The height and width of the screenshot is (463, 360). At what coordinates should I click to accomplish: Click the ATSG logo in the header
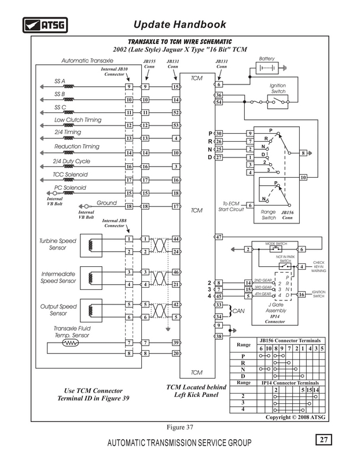pyautogui.click(x=45, y=25)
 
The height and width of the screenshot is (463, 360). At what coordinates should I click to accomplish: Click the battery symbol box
pyautogui.click(x=267, y=68)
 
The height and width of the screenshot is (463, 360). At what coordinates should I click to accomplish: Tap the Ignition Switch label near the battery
pyautogui.click(x=278, y=89)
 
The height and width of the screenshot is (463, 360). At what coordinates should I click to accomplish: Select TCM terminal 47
pyautogui.click(x=219, y=237)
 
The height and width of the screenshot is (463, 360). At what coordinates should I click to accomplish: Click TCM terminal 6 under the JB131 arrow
pyautogui.click(x=219, y=84)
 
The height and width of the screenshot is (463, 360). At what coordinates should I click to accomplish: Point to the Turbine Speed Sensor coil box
pyautogui.click(x=91, y=245)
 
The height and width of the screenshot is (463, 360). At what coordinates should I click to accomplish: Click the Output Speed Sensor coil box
pyautogui.click(x=91, y=311)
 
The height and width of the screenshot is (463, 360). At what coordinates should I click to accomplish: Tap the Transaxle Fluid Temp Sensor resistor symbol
pyautogui.click(x=71, y=343)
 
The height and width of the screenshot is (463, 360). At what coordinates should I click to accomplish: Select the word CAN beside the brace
pyautogui.click(x=238, y=311)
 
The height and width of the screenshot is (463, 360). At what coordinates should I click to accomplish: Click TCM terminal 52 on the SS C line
pyautogui.click(x=176, y=112)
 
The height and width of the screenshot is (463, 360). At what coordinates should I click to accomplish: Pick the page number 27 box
pyautogui.click(x=324, y=440)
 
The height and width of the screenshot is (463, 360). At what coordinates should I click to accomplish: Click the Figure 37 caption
pyautogui.click(x=180, y=427)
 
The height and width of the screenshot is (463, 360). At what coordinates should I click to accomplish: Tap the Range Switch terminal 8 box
pyautogui.click(x=303, y=153)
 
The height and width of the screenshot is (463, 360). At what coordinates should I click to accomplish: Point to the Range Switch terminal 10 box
pyautogui.click(x=303, y=177)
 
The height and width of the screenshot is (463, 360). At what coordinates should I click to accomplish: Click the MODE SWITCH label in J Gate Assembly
pyautogui.click(x=276, y=244)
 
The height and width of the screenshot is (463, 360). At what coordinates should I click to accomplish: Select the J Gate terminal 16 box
pyautogui.click(x=301, y=295)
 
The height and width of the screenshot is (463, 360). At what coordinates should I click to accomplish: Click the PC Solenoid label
pyautogui.click(x=70, y=188)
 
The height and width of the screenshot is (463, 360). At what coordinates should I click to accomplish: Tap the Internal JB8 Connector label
pyautogui.click(x=114, y=223)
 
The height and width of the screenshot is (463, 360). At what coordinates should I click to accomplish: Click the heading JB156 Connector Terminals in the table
pyautogui.click(x=290, y=340)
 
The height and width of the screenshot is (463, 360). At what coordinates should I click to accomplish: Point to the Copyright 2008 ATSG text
pyautogui.click(x=295, y=417)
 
